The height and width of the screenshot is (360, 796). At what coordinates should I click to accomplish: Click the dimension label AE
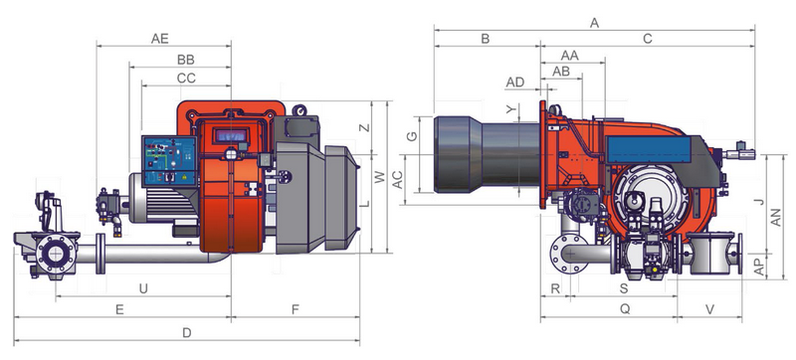click(x=159, y=39)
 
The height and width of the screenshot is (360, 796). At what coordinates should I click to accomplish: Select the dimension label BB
click(x=186, y=60)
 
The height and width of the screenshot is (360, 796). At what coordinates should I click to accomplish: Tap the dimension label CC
click(x=186, y=79)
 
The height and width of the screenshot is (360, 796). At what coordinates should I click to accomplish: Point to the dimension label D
click(x=187, y=332)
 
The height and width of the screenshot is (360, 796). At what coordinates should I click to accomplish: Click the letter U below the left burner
click(x=143, y=288)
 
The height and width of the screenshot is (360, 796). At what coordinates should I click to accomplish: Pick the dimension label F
click(x=296, y=309)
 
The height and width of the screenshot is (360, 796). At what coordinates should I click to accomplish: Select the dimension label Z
click(x=364, y=127)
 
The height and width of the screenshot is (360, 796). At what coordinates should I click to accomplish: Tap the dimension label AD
click(x=514, y=83)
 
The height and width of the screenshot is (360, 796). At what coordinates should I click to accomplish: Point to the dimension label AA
click(x=569, y=55)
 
